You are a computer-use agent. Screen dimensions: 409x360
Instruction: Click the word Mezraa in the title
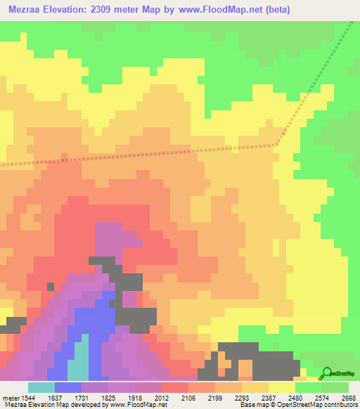[x=28, y=11]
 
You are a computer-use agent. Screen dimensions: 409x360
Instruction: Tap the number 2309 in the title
[x=105, y=11]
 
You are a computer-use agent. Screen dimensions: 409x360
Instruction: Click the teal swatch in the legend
[x=41, y=387]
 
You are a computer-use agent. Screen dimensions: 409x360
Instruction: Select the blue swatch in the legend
[x=68, y=387]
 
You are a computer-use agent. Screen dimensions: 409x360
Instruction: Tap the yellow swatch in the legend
[x=282, y=387]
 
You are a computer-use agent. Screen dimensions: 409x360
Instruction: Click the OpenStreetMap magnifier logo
[x=326, y=373]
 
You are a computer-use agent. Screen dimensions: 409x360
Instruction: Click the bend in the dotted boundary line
[x=277, y=145]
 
